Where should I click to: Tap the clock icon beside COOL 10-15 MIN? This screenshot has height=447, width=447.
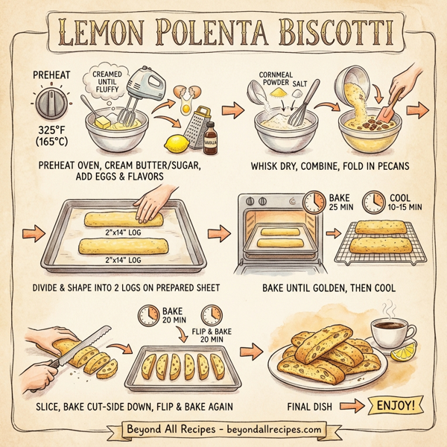click(x=372, y=202)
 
